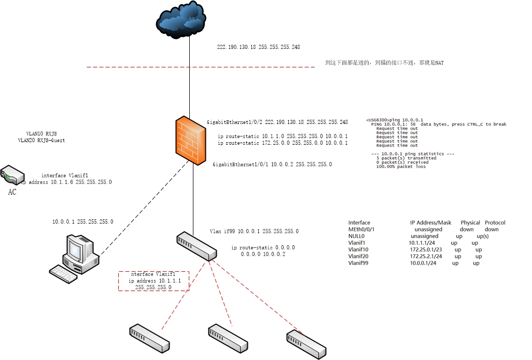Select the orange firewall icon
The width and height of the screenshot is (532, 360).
point(190,141)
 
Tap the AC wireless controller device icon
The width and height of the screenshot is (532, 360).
point(11,175)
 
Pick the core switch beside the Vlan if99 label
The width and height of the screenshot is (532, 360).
point(197,246)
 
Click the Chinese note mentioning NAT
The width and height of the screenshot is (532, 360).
point(384,63)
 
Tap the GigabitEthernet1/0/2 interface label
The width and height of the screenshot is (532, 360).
point(277,122)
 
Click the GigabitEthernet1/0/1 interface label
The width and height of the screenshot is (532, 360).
point(272,164)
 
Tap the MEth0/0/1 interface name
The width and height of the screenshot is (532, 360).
point(361,229)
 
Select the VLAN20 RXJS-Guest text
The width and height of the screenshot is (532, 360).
point(41,141)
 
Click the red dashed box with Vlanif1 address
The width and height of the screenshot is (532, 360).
point(153,281)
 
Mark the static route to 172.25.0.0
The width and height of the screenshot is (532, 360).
point(283,143)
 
